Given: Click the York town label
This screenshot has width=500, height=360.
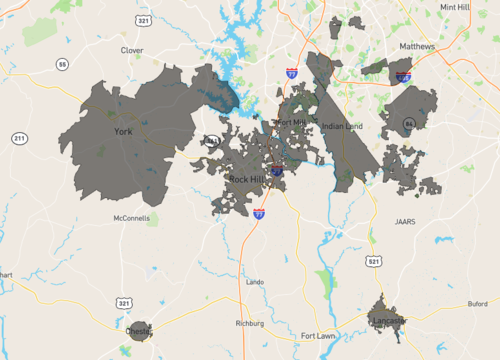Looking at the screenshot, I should (123, 131).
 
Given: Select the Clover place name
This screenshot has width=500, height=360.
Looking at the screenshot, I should (132, 49).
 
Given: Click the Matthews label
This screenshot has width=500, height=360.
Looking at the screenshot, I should (418, 46).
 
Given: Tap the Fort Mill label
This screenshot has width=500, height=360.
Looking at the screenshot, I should (293, 123).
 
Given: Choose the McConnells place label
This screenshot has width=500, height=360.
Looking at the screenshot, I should (131, 217).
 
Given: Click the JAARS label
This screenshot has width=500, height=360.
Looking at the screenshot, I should (404, 222).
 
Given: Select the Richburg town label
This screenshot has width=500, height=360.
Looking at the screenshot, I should (248, 323).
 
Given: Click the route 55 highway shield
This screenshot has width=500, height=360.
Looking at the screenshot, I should (63, 64).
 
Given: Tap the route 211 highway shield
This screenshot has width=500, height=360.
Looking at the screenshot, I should (19, 137).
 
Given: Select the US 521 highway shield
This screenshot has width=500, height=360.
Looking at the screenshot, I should (373, 261).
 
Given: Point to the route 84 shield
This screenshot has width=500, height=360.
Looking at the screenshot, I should (408, 123).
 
